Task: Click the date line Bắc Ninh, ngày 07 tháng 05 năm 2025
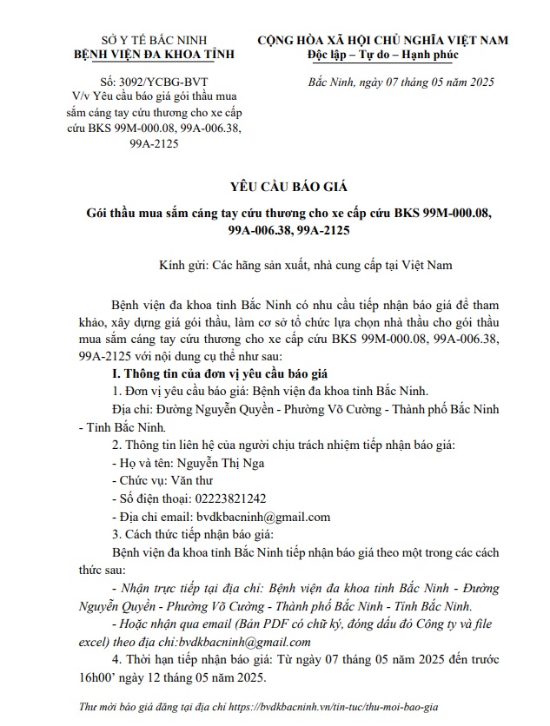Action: [401, 82]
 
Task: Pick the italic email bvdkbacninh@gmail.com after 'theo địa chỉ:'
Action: [241, 642]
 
